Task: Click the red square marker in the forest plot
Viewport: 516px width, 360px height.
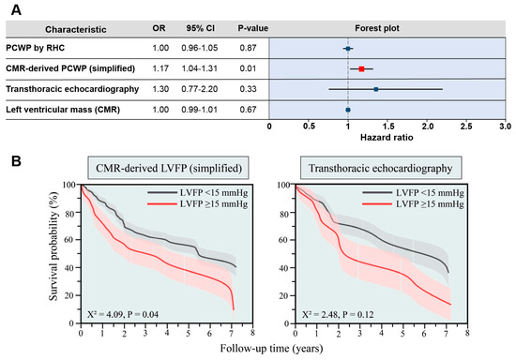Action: tap(361, 68)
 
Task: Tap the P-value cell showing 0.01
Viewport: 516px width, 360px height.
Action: tap(234, 68)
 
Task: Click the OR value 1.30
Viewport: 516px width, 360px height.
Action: tap(159, 89)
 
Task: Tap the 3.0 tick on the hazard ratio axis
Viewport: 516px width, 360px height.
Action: tap(505, 125)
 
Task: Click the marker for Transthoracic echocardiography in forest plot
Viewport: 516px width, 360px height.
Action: tap(375, 89)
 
